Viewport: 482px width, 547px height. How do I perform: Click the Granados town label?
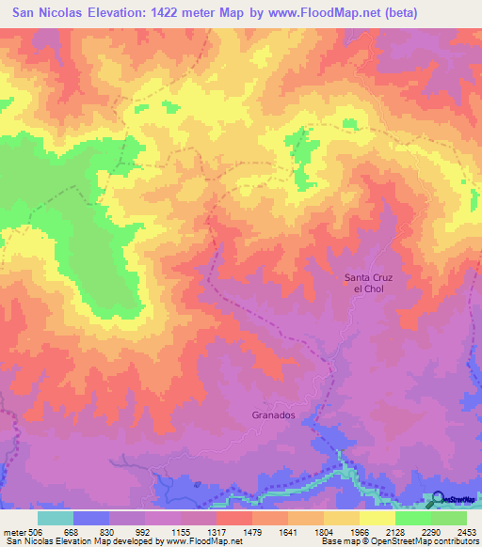(x=274, y=414)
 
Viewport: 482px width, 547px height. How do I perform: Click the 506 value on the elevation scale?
(x=33, y=531)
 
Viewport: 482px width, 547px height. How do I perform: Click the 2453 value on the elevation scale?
(x=467, y=531)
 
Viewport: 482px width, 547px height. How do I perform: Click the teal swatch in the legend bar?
(x=56, y=518)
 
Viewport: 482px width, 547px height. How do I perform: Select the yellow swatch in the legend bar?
(x=378, y=518)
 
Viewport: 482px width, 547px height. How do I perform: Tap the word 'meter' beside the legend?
(x=12, y=531)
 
